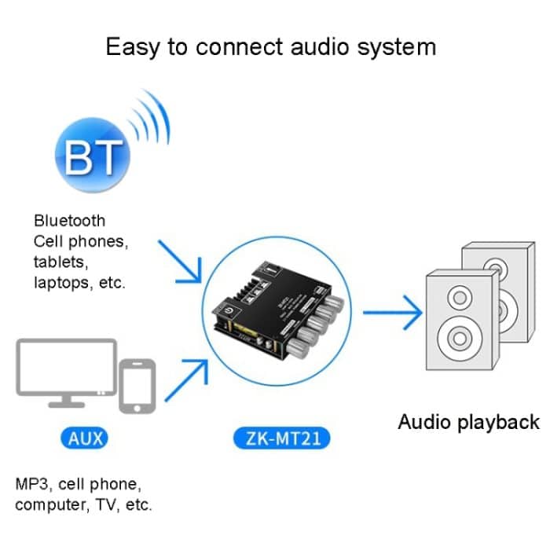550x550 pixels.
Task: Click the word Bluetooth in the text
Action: (69, 221)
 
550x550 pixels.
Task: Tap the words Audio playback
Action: (468, 422)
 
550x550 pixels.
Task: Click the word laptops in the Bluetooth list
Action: (62, 282)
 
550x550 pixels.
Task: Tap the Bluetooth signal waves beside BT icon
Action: (150, 120)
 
